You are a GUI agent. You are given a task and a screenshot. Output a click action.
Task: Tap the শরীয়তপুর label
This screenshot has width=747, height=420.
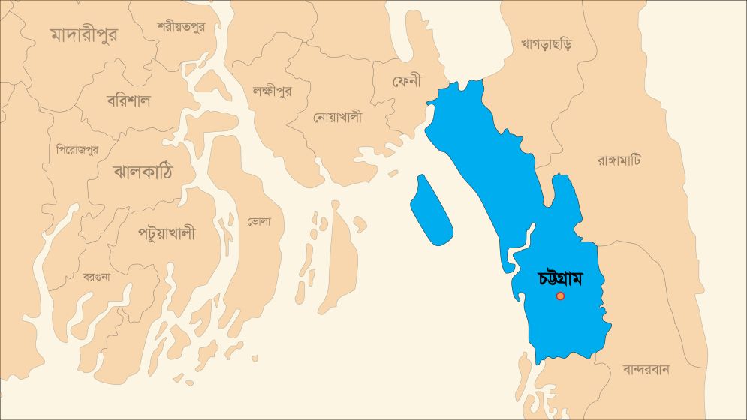[x=180, y=26]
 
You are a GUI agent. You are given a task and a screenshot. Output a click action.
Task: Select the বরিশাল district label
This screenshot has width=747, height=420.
[x=128, y=100]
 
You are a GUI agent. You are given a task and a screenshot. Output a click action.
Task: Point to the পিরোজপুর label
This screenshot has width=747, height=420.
[x=77, y=150]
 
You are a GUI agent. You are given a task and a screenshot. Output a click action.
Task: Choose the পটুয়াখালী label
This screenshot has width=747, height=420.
[x=167, y=233]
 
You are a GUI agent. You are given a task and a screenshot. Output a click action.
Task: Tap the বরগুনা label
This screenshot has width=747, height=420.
[x=96, y=276]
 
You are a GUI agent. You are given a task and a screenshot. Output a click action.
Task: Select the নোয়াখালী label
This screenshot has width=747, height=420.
[x=337, y=117]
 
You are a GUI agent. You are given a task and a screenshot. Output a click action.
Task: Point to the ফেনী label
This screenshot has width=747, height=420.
[x=408, y=80]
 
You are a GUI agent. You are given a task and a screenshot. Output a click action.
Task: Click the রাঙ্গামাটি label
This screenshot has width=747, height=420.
[x=619, y=160]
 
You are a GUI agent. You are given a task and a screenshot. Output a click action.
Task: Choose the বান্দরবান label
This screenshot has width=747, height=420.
[x=646, y=369]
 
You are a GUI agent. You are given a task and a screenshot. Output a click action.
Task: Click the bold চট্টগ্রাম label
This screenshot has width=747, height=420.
[x=561, y=277]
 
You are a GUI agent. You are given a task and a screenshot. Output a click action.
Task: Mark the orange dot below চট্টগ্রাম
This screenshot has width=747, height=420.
[x=560, y=296]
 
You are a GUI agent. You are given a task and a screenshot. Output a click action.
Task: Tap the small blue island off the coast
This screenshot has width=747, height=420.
[x=431, y=210]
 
